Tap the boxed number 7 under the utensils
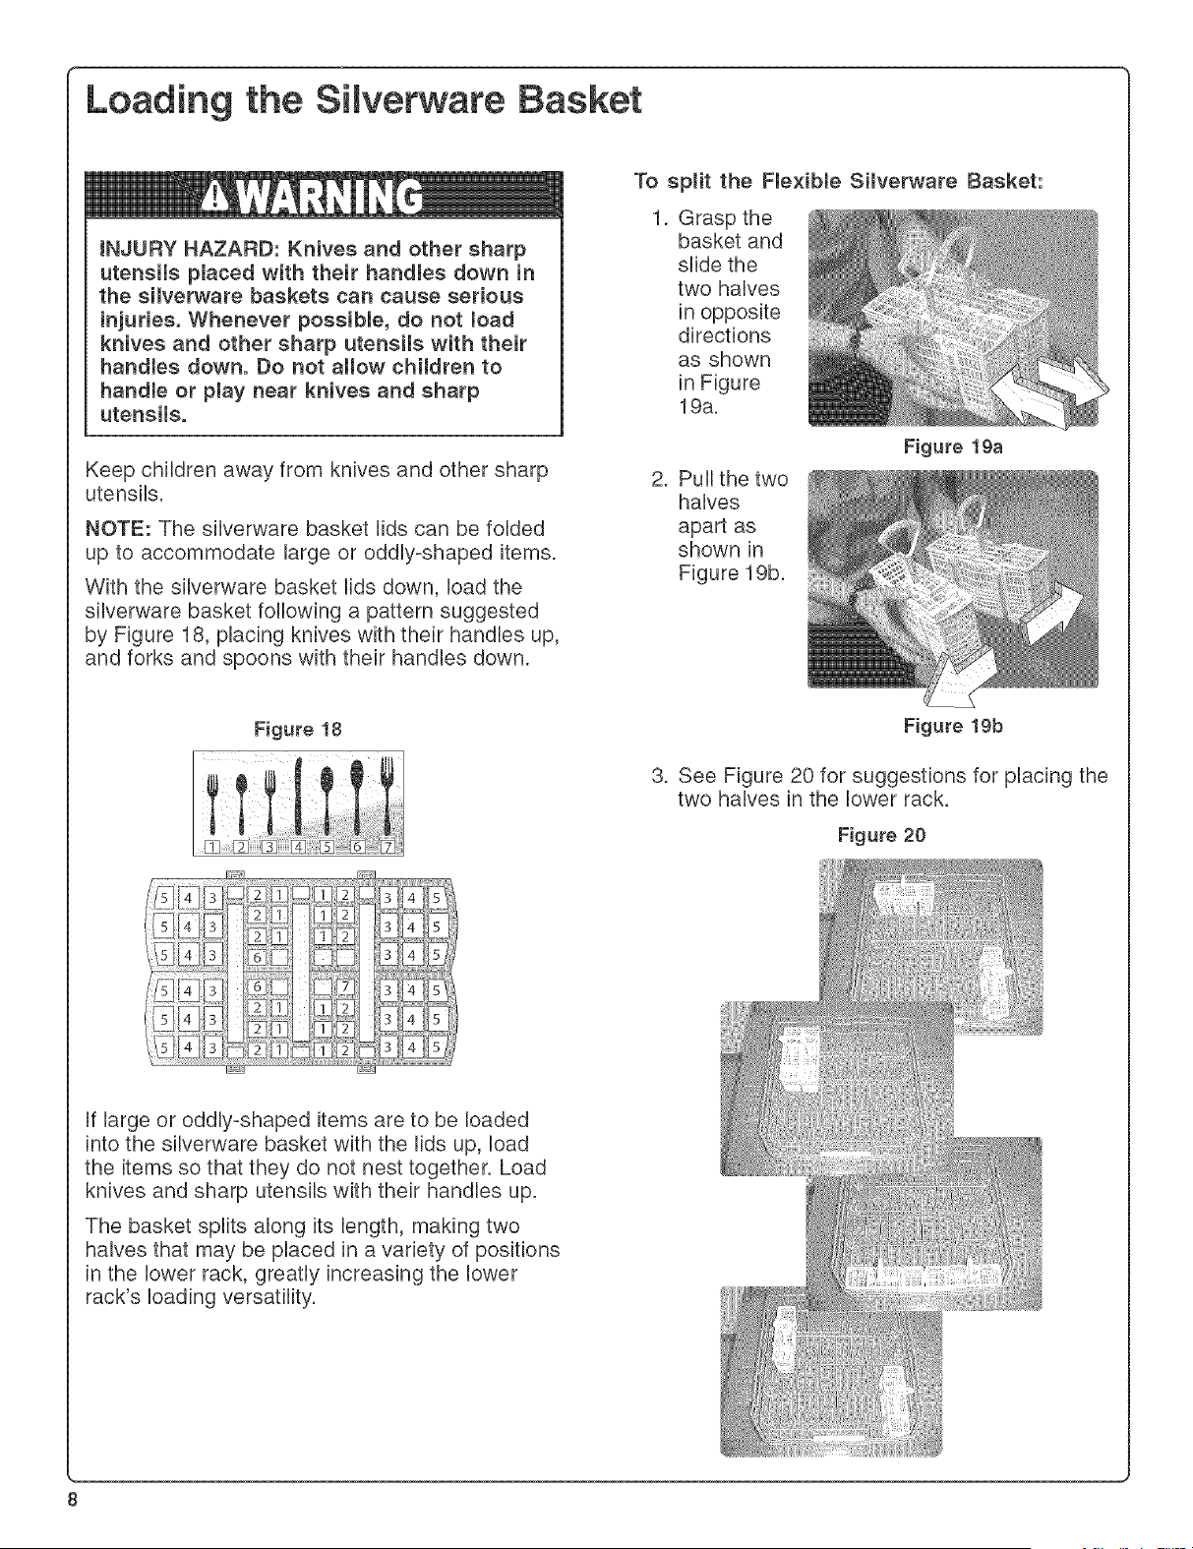pyautogui.click(x=388, y=847)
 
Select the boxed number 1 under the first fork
pyautogui.click(x=211, y=847)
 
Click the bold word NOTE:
pyautogui.click(x=117, y=529)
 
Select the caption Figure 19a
pyautogui.click(x=953, y=447)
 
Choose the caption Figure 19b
pyautogui.click(x=953, y=726)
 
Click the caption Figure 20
pyautogui.click(x=881, y=835)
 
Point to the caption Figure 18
pyautogui.click(x=298, y=729)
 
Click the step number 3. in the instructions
pyautogui.click(x=659, y=775)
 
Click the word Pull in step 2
pyautogui.click(x=698, y=478)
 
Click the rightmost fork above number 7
pyautogui.click(x=387, y=796)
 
